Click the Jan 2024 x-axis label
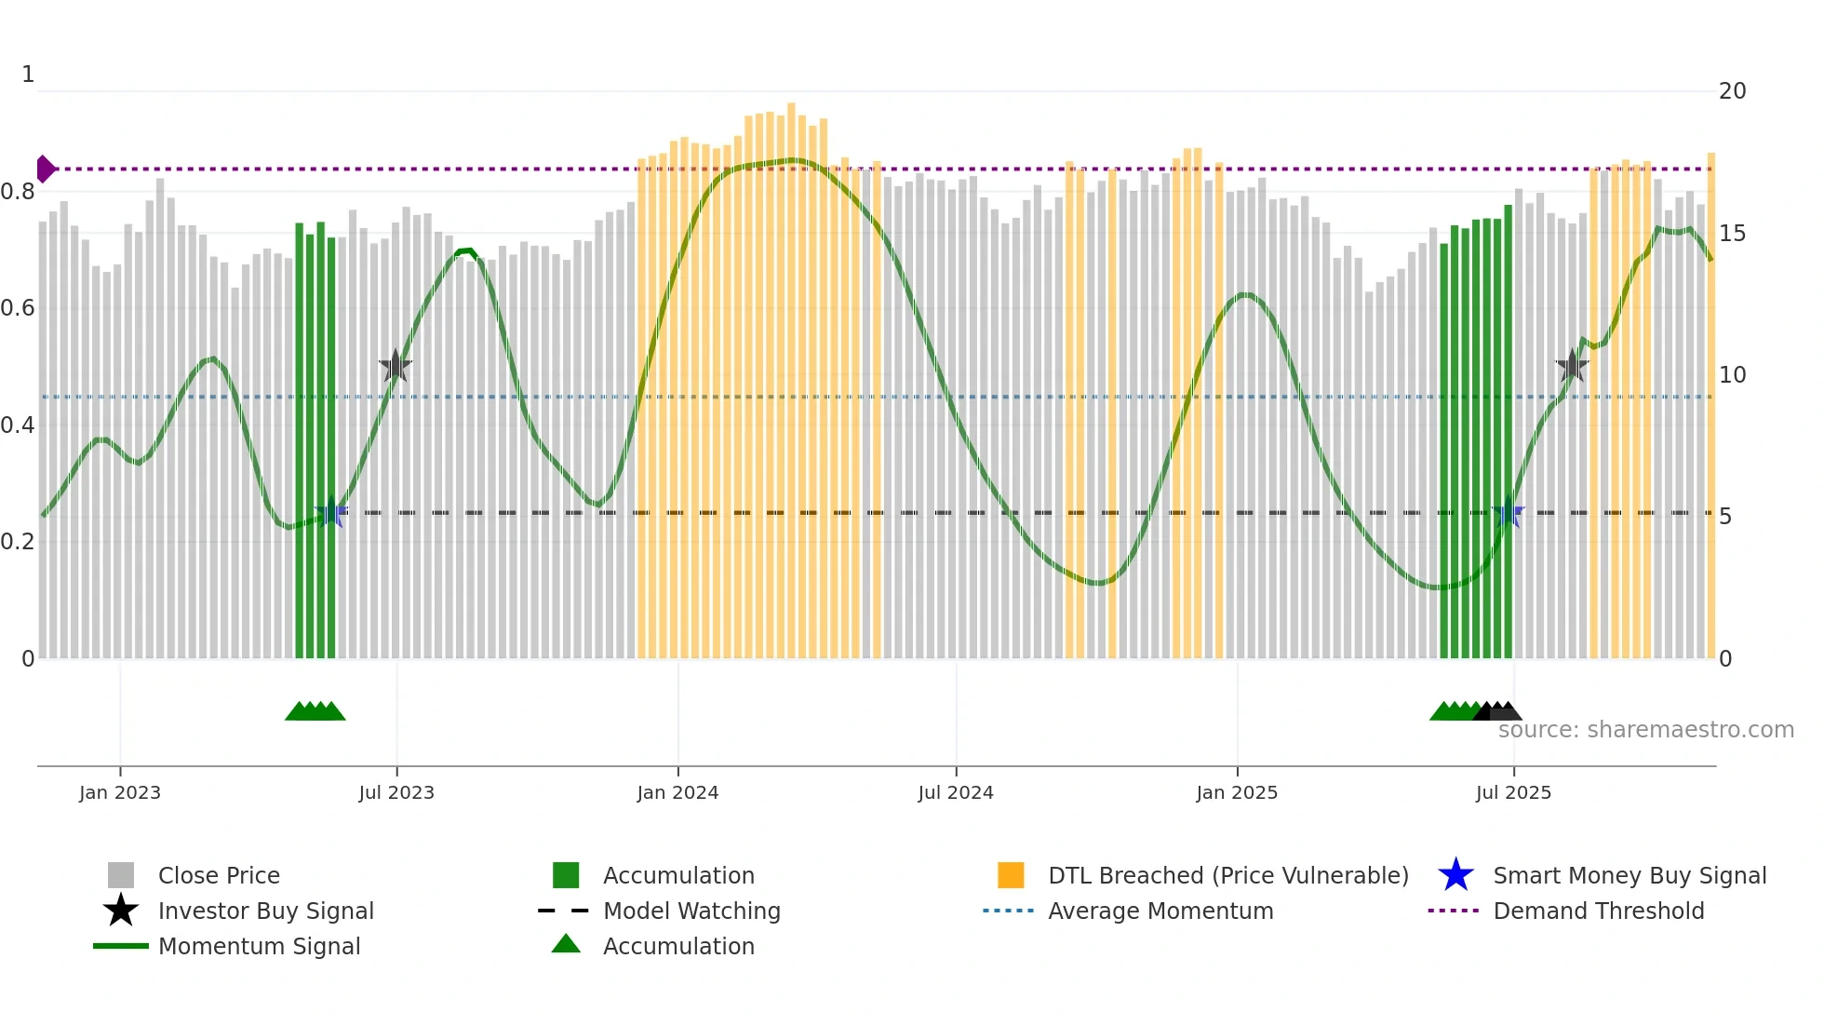coord(677,792)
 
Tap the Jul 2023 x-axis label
coord(396,792)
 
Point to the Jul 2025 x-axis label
coord(1513,792)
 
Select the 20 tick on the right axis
coord(1732,91)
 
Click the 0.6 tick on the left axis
coord(18,308)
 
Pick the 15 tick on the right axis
coord(1732,234)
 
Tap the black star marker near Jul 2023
coord(396,366)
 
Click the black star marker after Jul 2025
coord(1572,366)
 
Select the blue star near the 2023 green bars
coord(331,512)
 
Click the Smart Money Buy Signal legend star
coord(1455,875)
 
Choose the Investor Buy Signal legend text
coord(265,911)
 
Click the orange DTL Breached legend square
coord(1011,875)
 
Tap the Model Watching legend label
coord(691,911)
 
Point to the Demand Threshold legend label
coord(1598,911)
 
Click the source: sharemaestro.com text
coord(1645,730)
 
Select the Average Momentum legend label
coord(1160,911)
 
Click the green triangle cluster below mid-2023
coord(315,711)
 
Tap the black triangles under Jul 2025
coord(1498,711)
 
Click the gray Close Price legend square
coord(121,875)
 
